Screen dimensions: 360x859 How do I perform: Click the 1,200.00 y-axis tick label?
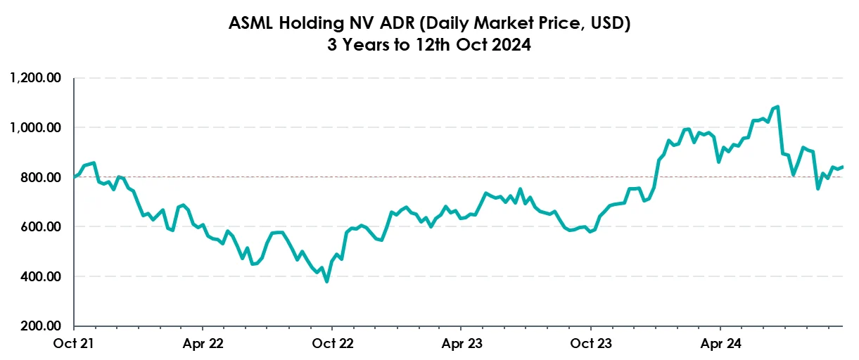tap(36, 78)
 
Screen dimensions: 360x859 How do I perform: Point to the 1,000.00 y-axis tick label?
tap(36, 128)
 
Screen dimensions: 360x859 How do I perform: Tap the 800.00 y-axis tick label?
tap(43, 178)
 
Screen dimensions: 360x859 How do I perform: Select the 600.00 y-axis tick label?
tap(43, 227)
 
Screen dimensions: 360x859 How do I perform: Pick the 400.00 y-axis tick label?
tap(43, 277)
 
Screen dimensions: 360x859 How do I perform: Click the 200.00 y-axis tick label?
tap(43, 327)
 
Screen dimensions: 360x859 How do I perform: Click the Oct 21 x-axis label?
tap(75, 345)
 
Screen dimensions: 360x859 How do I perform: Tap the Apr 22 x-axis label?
tap(203, 345)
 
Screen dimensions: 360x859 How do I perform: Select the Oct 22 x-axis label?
tap(332, 345)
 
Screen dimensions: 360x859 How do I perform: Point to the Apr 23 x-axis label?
tap(461, 345)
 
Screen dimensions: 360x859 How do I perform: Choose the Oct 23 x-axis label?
tap(590, 345)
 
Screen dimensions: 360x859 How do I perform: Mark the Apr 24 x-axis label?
tap(720, 345)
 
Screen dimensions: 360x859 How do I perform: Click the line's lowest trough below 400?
tap(326, 281)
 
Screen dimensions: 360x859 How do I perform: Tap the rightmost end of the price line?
tap(843, 167)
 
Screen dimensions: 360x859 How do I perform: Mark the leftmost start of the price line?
tap(75, 177)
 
